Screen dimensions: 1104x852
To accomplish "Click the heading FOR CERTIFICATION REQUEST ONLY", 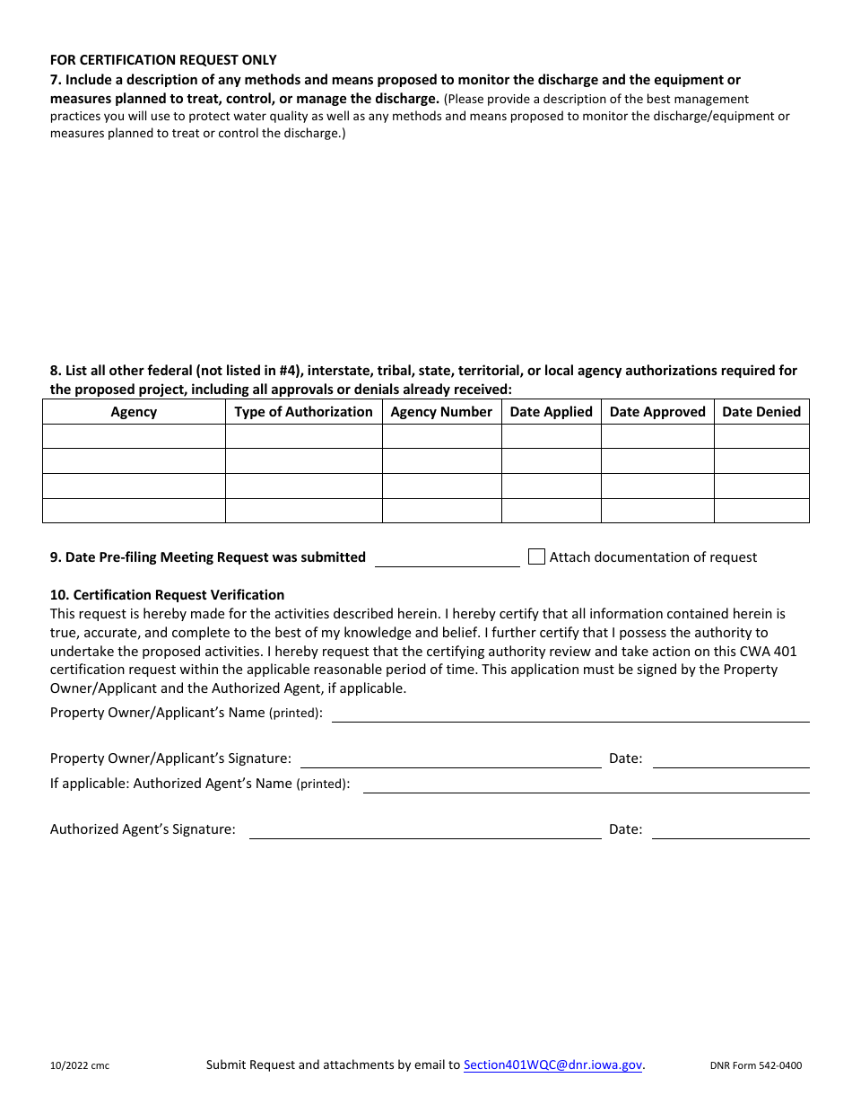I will (163, 60).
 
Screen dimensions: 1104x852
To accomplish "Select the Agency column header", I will (134, 412).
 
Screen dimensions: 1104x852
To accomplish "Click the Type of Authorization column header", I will (303, 412).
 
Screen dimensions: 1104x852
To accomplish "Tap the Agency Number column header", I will (441, 412).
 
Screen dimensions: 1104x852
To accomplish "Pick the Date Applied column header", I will (551, 412).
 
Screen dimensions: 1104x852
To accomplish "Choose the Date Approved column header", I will (657, 412).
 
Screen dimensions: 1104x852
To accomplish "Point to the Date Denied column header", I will (761, 412).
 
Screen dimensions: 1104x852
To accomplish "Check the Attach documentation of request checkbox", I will (536, 556).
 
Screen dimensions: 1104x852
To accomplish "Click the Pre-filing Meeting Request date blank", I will (447, 558).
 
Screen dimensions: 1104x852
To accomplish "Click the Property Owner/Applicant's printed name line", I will (570, 714).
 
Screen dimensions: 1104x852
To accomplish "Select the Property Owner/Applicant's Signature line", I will (450, 759).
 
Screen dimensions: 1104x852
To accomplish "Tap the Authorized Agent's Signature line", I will (424, 830).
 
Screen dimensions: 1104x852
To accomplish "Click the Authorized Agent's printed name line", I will (586, 784).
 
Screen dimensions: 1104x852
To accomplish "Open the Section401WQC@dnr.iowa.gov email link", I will (552, 1065).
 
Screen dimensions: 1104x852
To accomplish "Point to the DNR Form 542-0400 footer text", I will (755, 1066).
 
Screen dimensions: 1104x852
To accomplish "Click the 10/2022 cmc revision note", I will (80, 1066).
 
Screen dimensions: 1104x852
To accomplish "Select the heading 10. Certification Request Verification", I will (167, 595).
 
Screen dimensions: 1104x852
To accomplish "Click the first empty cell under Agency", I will (134, 436).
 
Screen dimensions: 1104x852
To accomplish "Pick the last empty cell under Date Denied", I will (761, 511).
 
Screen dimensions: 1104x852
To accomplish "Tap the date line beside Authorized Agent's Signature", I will (730, 830).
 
